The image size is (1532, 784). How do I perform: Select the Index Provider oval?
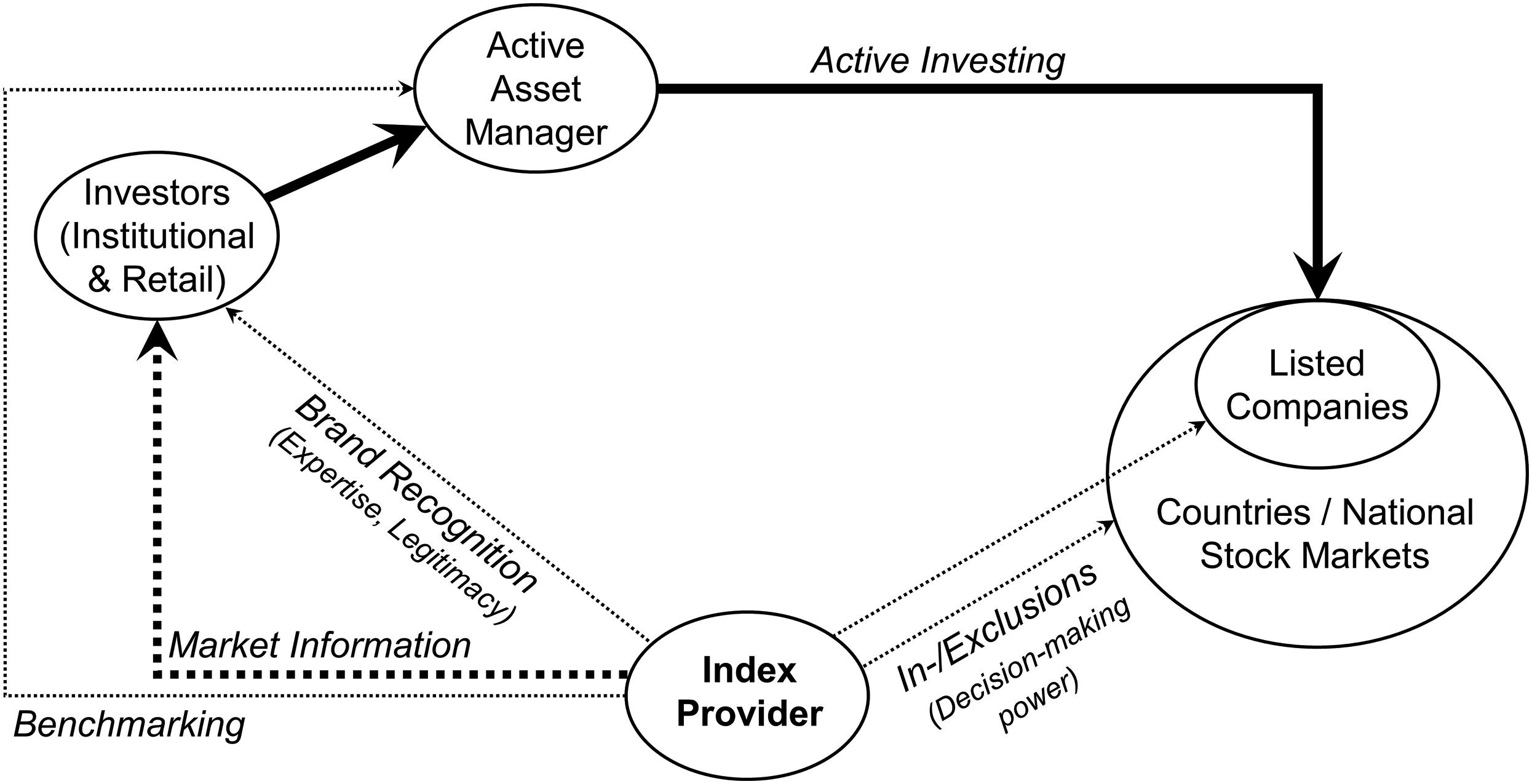pos(747,695)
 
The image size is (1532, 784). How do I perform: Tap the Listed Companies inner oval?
pos(1316,385)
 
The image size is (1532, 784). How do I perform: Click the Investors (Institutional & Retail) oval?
pos(157,236)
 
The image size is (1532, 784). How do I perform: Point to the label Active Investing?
pos(937,61)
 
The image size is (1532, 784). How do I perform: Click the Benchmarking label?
pos(129,724)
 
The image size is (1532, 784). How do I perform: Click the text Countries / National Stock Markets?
pos(1314,534)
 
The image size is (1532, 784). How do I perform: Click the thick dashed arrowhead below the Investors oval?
pos(157,341)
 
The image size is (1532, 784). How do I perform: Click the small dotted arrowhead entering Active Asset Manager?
pos(408,88)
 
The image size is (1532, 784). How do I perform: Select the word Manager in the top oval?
pos(535,132)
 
